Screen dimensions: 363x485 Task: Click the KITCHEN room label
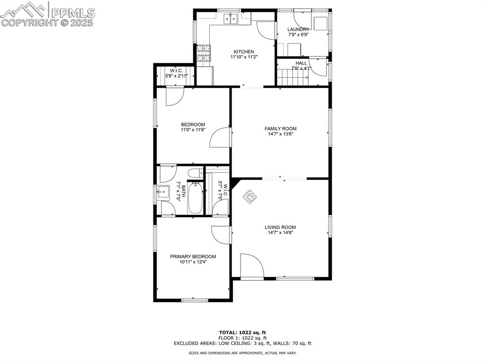[244, 52]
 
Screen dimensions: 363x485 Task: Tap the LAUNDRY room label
[298, 29]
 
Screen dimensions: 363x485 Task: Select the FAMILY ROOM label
[280, 128]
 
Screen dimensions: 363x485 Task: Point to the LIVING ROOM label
[280, 227]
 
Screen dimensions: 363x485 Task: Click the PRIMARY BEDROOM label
[193, 257]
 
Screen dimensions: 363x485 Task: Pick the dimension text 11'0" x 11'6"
[193, 130]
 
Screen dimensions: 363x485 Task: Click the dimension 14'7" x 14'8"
[280, 233]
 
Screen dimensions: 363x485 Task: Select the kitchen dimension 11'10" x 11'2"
[244, 57]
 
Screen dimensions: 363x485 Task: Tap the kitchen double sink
[231, 18]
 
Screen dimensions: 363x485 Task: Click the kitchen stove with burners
[203, 49]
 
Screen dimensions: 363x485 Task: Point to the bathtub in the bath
[195, 199]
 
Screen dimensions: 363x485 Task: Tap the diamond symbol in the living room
[250, 196]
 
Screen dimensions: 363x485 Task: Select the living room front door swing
[251, 266]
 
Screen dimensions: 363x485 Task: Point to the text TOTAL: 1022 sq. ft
[246, 332]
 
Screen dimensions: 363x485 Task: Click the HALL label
[301, 63]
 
